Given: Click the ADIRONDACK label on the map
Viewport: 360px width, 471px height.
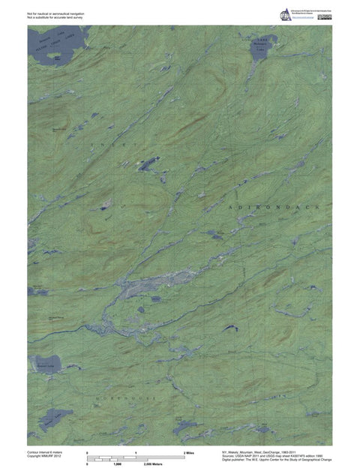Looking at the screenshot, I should pyautogui.click(x=277, y=205).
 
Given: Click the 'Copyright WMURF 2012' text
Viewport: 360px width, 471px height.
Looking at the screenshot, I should pyautogui.click(x=44, y=457).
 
